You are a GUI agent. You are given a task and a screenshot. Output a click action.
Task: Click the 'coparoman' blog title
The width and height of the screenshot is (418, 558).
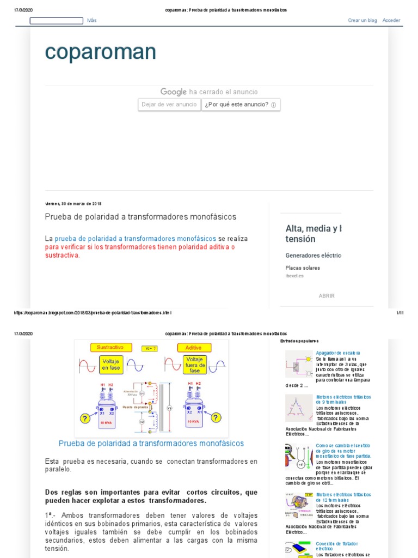click(x=100, y=52)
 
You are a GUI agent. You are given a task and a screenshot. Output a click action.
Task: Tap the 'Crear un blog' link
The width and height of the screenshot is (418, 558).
click(x=362, y=20)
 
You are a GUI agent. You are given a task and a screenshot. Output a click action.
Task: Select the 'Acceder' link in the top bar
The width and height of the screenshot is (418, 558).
click(x=391, y=20)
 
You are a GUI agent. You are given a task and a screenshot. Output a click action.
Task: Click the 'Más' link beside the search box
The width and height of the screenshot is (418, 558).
click(x=91, y=20)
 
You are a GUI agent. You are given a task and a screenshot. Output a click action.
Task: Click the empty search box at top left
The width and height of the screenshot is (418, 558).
click(x=56, y=21)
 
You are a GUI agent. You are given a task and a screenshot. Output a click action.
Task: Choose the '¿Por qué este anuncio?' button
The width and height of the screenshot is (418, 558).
click(x=241, y=105)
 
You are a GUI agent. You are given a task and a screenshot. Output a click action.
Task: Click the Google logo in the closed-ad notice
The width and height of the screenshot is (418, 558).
click(x=173, y=92)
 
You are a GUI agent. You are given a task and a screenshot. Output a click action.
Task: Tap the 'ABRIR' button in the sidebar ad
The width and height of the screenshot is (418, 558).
click(x=327, y=296)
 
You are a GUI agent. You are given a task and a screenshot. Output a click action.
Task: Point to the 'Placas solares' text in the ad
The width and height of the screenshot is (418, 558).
click(x=303, y=268)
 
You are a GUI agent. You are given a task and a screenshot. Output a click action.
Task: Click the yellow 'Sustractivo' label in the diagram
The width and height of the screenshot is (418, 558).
click(x=110, y=347)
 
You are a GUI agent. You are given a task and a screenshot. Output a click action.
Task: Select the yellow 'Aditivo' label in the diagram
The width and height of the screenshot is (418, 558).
click(x=194, y=347)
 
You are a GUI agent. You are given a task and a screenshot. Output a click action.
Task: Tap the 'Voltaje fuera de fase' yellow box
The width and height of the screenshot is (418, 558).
click(x=194, y=364)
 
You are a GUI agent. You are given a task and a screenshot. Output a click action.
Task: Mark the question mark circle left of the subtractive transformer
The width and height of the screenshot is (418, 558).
click(x=85, y=418)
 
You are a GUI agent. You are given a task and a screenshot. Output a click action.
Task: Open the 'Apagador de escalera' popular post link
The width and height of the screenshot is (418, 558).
click(x=337, y=353)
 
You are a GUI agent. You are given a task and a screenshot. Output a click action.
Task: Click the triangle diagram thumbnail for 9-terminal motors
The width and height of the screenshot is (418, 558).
click(x=299, y=408)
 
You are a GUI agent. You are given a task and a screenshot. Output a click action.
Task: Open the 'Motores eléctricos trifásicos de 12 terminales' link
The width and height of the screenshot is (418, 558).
click(x=343, y=497)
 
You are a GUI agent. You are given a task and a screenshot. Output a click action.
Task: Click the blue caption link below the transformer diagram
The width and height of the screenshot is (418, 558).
click(x=151, y=444)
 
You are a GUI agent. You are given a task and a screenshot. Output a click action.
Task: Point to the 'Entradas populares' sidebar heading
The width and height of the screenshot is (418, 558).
click(x=299, y=341)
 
